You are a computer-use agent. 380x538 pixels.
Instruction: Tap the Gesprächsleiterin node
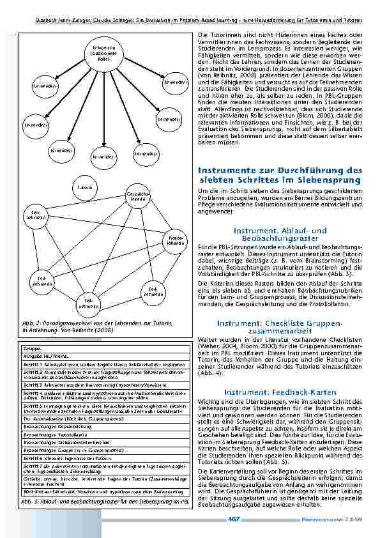139,196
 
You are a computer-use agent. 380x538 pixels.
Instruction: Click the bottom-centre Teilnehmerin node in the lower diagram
88,302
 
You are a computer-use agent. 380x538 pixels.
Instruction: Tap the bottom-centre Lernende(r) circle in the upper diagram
103,156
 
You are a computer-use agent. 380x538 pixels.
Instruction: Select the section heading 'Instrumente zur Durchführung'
280,175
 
